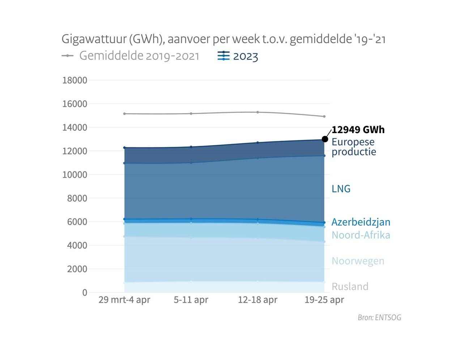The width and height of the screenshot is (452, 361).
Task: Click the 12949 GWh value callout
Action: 358,129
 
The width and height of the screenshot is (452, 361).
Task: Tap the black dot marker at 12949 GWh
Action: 325,139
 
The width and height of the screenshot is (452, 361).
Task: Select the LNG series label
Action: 341,188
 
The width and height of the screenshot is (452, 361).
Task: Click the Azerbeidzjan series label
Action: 361,222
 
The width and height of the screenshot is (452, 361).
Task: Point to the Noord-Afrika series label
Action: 361,235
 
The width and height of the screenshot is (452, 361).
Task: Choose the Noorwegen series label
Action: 358,261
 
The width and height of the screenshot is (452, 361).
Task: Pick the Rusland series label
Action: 350,286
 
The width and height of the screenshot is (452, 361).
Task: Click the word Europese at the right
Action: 353,142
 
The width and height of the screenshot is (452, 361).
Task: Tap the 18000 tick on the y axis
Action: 75,80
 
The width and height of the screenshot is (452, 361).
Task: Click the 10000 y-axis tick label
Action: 75,175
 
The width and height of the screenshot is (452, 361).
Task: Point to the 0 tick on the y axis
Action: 85,292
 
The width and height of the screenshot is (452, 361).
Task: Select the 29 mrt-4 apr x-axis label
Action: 124,300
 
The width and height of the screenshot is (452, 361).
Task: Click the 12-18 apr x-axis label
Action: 257,300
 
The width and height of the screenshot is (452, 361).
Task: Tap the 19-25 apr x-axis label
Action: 324,300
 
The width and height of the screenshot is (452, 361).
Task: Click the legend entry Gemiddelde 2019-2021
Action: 139,56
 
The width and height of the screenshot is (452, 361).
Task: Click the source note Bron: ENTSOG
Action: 379,318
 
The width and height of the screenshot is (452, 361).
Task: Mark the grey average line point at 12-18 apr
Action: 257,112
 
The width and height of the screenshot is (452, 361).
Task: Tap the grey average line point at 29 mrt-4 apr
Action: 124,114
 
